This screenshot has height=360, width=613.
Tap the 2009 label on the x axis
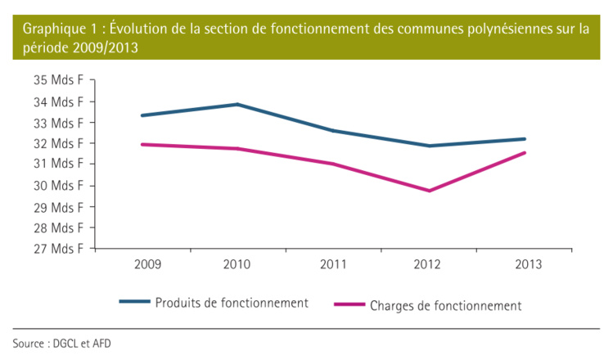coord(142,263)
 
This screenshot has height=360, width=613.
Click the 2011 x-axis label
coord(333,263)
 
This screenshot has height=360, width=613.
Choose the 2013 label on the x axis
coord(525,263)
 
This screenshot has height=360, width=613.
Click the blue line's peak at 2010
coord(237,104)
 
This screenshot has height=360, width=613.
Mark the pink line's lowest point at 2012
coord(429,191)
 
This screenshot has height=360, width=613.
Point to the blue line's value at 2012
coord(429,146)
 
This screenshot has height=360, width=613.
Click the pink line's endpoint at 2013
coord(525,152)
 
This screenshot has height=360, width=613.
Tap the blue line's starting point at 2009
coord(142,115)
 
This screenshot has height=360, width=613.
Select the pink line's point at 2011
coord(333,164)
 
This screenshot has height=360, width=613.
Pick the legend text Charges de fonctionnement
coord(445,305)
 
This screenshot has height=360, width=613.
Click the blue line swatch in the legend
coord(134,302)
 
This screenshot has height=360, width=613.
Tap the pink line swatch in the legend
coord(349,305)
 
